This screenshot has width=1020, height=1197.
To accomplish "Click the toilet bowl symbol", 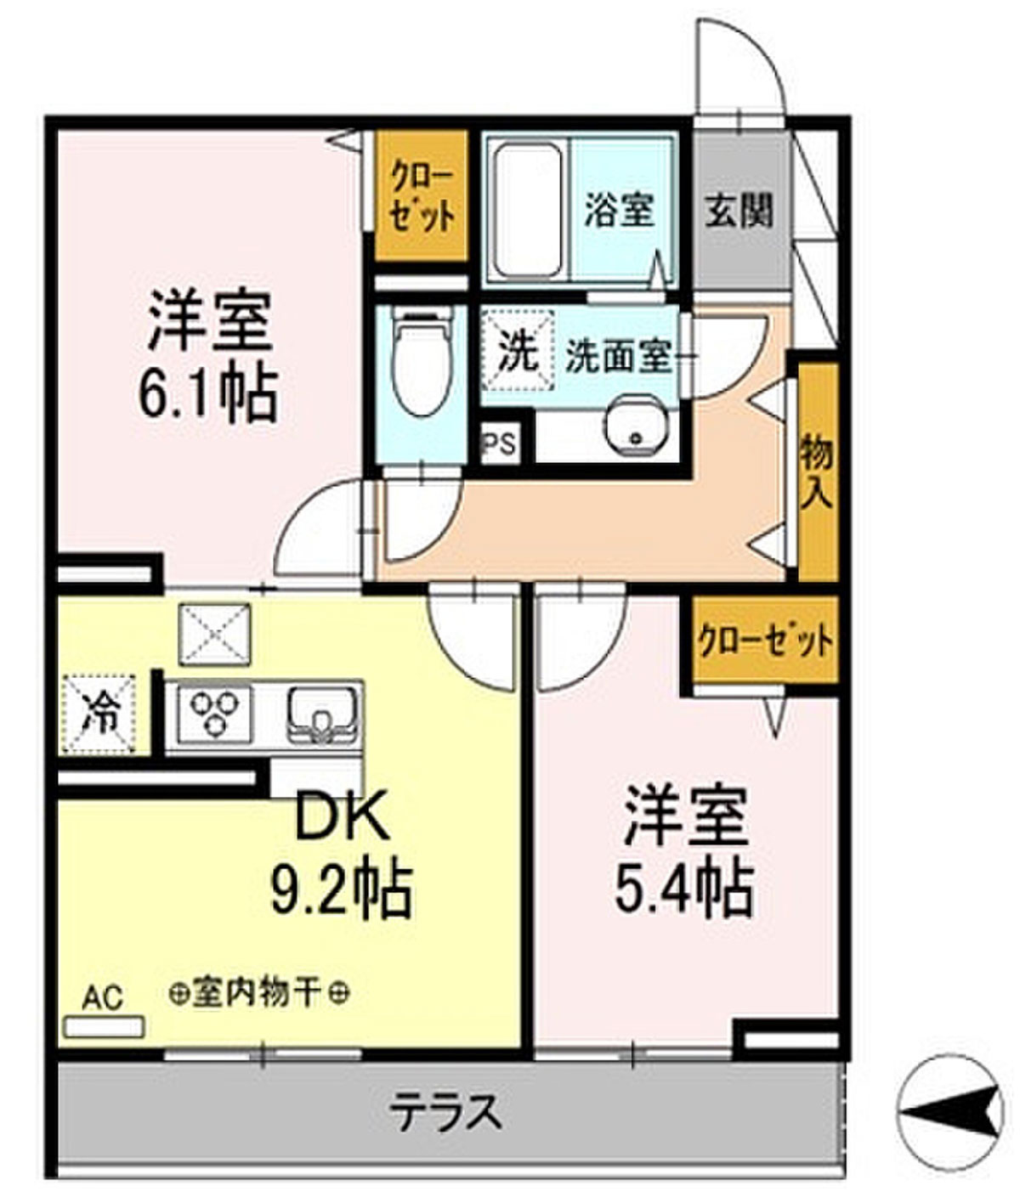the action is (x=422, y=364).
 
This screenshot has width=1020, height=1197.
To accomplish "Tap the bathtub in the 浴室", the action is (x=528, y=210).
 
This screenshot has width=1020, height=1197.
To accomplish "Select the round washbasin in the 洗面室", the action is (x=637, y=426).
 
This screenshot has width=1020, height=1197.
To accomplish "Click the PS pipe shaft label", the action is (x=499, y=445).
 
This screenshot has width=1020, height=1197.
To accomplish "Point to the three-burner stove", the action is (x=214, y=714).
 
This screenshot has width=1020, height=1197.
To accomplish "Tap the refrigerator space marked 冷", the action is (x=99, y=714).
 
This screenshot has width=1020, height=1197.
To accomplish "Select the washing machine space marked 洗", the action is (x=518, y=350).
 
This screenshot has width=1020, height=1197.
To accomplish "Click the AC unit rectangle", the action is (x=105, y=1027).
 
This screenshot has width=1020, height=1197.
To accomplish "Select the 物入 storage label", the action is (x=817, y=472).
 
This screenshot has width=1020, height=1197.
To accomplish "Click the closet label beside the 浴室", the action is (x=422, y=195).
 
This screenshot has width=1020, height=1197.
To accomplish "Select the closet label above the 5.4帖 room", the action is (x=766, y=641).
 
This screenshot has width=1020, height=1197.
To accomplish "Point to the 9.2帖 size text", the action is (x=342, y=890).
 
